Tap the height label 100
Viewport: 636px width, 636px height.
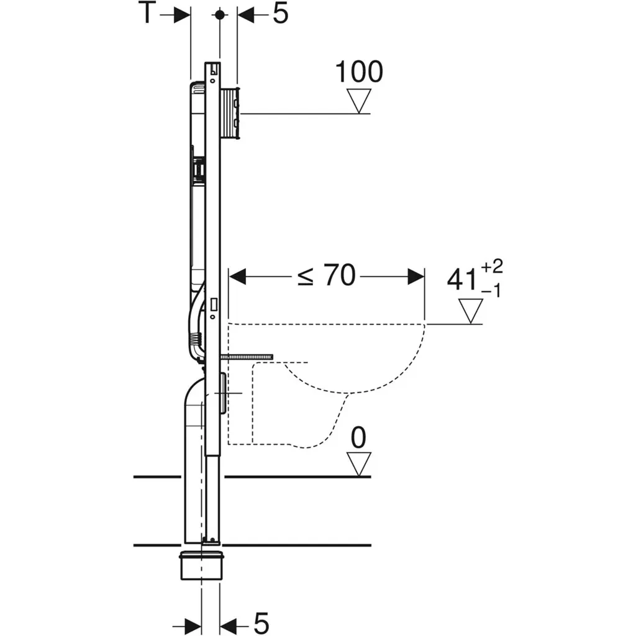pyautogui.click(x=359, y=72)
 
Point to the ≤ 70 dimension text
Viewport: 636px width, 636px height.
pyautogui.click(x=327, y=275)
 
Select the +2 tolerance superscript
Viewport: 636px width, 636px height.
pyautogui.click(x=492, y=266)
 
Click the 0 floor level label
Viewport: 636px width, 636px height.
pyautogui.click(x=358, y=438)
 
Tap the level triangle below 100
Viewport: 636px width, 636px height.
pyautogui.click(x=359, y=101)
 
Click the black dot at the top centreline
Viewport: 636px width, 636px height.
pyautogui.click(x=220, y=15)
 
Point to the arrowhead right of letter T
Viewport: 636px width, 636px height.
pyautogui.click(x=183, y=15)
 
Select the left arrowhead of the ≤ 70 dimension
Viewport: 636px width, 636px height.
pyautogui.click(x=238, y=276)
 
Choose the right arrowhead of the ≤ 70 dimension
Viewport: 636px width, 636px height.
pyautogui.click(x=416, y=276)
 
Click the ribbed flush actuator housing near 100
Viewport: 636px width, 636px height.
pyautogui.click(x=230, y=114)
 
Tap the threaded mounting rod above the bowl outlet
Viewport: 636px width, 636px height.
pyautogui.click(x=247, y=357)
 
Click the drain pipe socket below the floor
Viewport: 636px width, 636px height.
pyautogui.click(x=201, y=565)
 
